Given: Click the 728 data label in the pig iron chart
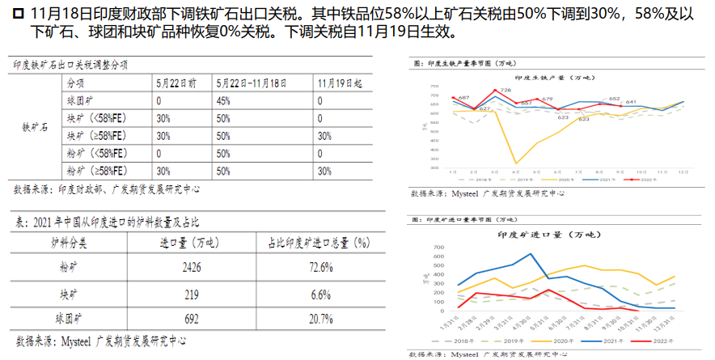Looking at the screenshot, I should point(505,90).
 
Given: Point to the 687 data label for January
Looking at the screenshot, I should point(463,98).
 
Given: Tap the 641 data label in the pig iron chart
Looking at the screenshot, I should point(631,102).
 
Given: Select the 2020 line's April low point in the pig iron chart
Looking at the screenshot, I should point(516,163).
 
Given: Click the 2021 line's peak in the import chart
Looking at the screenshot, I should point(531,254).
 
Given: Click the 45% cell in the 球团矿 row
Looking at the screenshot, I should point(224,101).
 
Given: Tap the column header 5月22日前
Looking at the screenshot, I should point(177,83).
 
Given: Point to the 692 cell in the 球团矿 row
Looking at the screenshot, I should point(187,319).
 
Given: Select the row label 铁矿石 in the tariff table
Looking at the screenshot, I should point(34,127).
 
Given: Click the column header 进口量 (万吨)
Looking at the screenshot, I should point(187,242).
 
